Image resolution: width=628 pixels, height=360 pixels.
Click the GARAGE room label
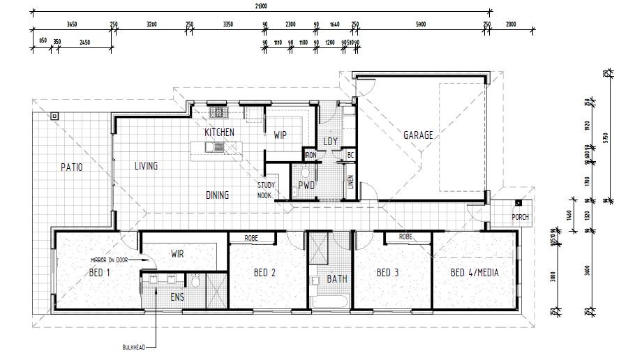(418, 135)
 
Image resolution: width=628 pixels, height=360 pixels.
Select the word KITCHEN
(219, 133)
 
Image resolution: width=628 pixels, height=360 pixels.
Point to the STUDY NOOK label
(266, 190)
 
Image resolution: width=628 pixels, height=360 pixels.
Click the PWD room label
(307, 186)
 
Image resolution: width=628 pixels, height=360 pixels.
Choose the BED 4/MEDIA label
(474, 273)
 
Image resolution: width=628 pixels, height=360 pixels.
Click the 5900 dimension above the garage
(420, 24)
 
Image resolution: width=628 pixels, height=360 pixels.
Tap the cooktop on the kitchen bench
(218, 112)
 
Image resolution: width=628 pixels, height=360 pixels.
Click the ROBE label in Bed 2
(252, 238)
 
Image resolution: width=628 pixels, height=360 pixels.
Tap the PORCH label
(520, 216)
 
